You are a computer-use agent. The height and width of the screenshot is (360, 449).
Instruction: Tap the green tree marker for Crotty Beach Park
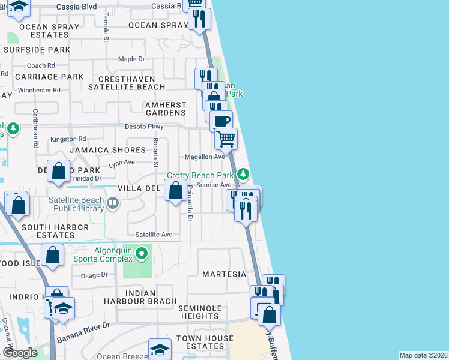pos(243,175)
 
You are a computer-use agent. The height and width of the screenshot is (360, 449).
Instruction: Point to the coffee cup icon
pos(221,121)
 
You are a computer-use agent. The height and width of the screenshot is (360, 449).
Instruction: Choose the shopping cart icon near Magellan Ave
pos(226,139)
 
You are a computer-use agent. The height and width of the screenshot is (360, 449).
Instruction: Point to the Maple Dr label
pos(131,59)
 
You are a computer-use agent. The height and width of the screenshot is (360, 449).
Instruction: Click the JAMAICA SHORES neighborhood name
pos(107,150)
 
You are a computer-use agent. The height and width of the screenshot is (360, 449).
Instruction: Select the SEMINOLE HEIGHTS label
pos(199,312)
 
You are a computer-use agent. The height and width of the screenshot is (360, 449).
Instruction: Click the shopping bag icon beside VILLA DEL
pos(175,192)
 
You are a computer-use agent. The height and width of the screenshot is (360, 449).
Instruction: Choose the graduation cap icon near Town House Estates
pos(160,349)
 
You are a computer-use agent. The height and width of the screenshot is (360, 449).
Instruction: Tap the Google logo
pos(20,353)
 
